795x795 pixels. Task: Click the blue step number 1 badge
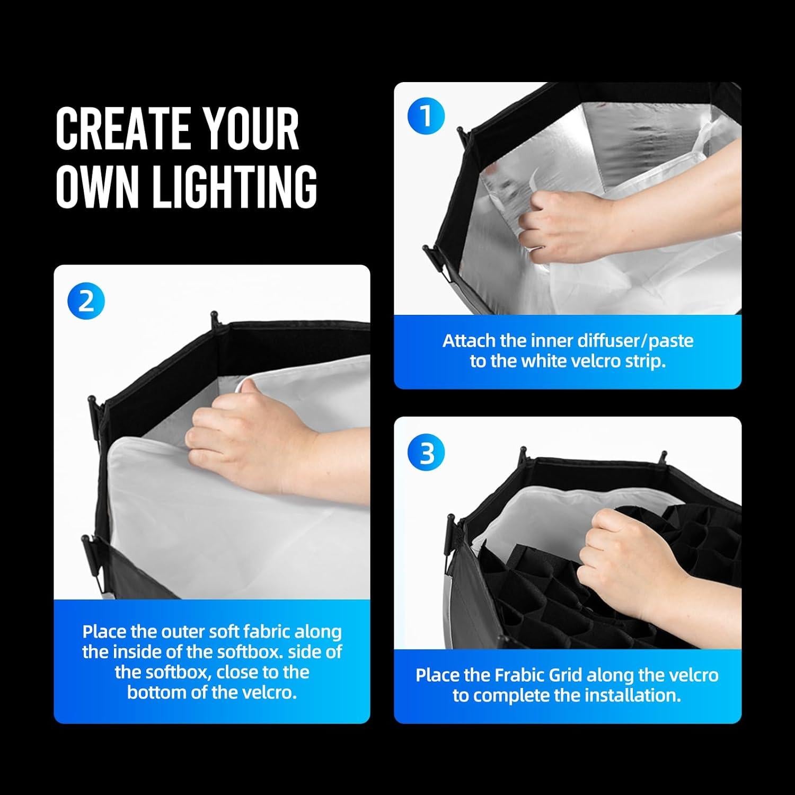tap(426, 117)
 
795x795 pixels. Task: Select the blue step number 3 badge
tap(426, 453)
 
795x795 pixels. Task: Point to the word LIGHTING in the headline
tap(235, 186)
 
